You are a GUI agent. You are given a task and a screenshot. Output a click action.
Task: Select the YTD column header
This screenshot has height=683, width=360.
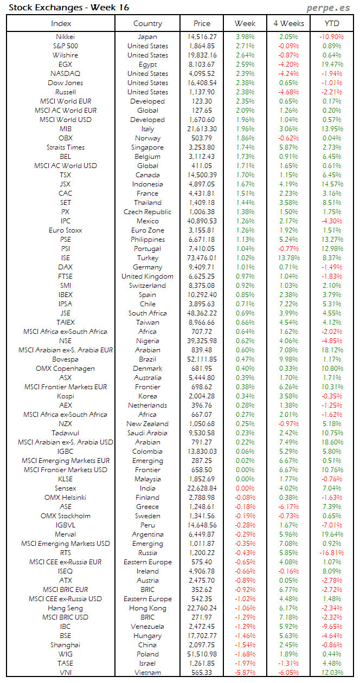[x=332, y=23]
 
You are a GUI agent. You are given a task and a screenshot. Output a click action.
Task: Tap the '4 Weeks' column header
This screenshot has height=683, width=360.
[x=288, y=23]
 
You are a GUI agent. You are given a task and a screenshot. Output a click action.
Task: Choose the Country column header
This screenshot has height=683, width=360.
[x=147, y=23]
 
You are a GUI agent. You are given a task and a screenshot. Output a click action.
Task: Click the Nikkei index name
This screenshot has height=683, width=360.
[x=66, y=37]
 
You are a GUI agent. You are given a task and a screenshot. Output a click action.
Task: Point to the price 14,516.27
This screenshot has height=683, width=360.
[x=202, y=37]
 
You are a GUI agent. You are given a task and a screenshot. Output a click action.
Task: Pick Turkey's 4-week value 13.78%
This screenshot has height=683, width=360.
[x=288, y=258]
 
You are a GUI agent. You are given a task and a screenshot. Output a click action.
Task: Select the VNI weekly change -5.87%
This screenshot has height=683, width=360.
[x=245, y=673]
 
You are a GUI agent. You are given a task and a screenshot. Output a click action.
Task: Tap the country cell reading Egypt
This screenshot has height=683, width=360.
[x=147, y=65]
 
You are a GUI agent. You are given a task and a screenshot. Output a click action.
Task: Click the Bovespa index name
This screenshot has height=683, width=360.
[x=66, y=359]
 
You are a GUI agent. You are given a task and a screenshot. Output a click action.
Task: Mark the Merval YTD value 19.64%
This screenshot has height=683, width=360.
[x=332, y=534]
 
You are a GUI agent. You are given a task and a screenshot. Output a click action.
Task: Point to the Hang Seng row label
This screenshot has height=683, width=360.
[x=66, y=608]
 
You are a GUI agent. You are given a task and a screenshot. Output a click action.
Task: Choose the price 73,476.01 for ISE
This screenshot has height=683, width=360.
[x=202, y=258]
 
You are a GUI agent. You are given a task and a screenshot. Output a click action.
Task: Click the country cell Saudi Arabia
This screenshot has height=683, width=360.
[x=147, y=433]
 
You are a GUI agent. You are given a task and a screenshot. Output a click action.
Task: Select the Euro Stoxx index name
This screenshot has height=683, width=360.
[x=66, y=230]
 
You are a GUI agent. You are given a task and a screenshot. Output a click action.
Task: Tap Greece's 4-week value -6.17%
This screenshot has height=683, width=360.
[x=288, y=507]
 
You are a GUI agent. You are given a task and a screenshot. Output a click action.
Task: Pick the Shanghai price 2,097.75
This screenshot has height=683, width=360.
[x=203, y=645]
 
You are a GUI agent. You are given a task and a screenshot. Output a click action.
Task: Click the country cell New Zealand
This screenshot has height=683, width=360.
[x=147, y=424]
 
